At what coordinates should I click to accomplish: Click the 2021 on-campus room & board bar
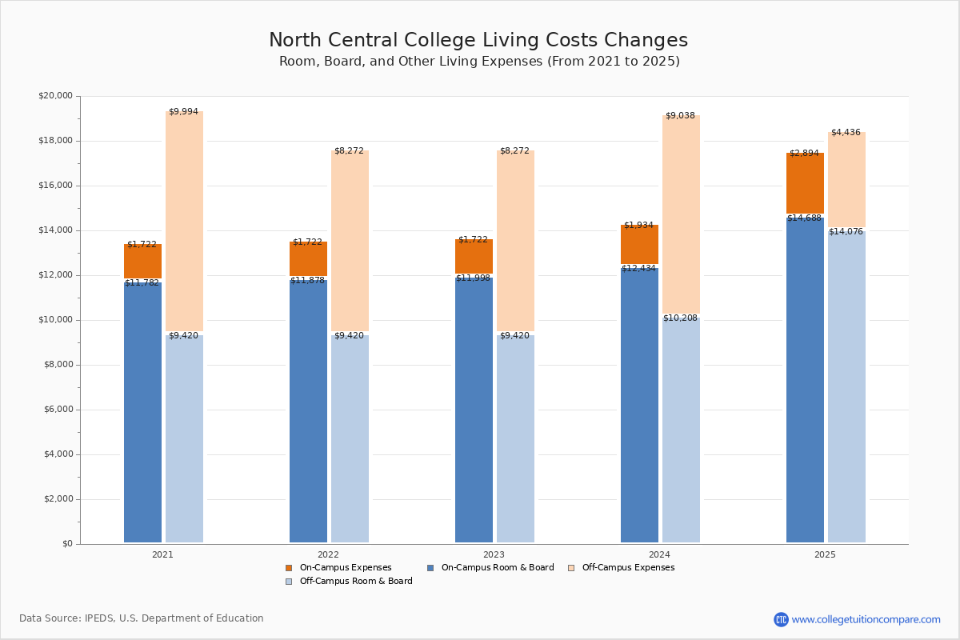[142, 412]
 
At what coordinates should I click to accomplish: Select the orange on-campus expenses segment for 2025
[805, 183]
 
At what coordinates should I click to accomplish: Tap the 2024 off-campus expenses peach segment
[681, 214]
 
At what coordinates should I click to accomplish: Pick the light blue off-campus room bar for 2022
[350, 438]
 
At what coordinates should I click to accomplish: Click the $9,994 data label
[183, 112]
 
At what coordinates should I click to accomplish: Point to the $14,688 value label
[804, 218]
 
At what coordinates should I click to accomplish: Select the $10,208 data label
[680, 318]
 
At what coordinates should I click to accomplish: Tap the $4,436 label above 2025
[846, 133]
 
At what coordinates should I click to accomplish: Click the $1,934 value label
[638, 226]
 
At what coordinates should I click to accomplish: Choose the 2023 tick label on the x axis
[494, 554]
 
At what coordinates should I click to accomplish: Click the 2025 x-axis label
[825, 554]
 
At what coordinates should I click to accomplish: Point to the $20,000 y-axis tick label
[55, 96]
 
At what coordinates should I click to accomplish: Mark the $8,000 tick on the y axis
[58, 365]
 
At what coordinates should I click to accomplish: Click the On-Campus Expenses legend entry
[339, 568]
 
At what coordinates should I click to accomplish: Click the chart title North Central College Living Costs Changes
[478, 41]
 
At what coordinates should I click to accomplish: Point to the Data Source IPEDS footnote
[142, 618]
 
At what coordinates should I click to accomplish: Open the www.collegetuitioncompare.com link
[866, 619]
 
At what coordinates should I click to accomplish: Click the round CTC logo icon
[781, 619]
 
